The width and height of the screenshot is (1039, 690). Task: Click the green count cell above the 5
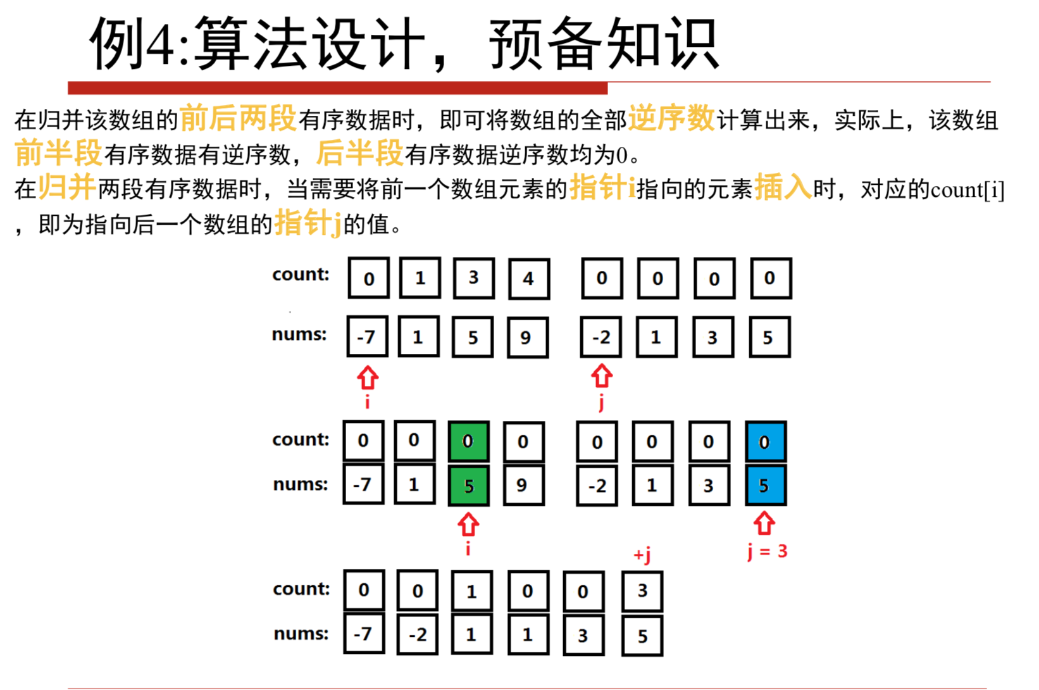click(468, 441)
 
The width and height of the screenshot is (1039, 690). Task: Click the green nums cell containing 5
click(468, 486)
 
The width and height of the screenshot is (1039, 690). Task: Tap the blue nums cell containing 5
click(765, 486)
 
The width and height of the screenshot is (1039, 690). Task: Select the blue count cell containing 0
click(765, 441)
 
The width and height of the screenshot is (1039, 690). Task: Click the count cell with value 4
click(528, 279)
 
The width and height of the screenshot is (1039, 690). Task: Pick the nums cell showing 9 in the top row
click(526, 337)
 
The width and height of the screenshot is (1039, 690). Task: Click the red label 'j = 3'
click(767, 551)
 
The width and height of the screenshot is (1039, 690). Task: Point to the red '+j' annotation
click(642, 555)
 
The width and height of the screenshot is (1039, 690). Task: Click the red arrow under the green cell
click(468, 524)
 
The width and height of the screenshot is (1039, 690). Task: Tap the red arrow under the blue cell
click(764, 523)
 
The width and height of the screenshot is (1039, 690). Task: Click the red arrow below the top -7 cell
click(368, 378)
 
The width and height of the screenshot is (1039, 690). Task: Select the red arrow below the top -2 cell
click(601, 376)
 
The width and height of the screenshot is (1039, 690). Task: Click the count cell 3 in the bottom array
click(642, 591)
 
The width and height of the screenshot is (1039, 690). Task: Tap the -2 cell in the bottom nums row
click(418, 635)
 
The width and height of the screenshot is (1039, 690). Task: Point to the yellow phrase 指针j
click(308, 223)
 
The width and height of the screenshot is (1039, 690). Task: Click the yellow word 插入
click(783, 187)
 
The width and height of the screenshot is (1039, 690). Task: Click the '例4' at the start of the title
click(133, 44)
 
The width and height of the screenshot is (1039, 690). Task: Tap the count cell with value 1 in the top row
click(420, 279)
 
